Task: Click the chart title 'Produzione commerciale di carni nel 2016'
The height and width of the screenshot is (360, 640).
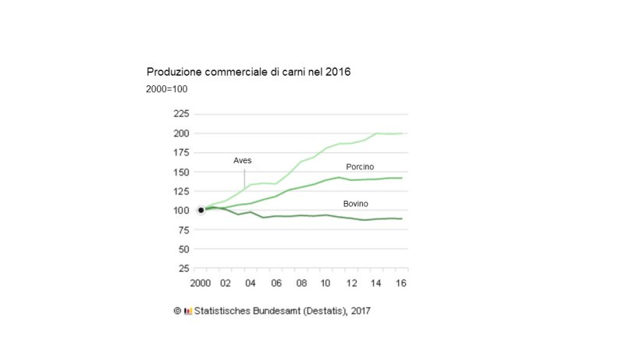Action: click(x=248, y=73)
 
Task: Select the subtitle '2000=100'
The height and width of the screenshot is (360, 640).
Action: click(x=166, y=89)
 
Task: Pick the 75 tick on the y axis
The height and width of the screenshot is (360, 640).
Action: click(x=182, y=230)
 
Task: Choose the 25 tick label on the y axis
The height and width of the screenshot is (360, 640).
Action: click(x=182, y=269)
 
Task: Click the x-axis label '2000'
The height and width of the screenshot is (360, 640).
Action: click(x=201, y=282)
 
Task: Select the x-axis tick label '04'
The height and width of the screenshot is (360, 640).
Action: click(x=251, y=282)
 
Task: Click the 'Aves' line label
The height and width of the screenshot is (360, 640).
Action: click(x=243, y=160)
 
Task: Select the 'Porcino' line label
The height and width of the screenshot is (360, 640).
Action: click(x=360, y=167)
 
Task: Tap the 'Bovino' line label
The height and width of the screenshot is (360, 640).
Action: click(x=356, y=204)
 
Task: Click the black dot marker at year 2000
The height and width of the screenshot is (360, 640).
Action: click(x=201, y=210)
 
